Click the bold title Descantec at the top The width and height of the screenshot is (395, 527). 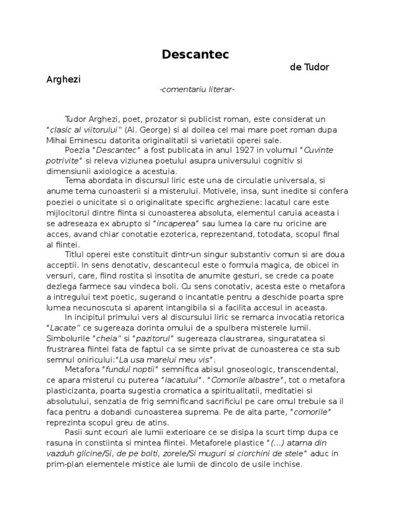[195, 54]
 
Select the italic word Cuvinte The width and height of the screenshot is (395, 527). [318, 150]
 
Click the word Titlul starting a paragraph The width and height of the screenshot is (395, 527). [76, 254]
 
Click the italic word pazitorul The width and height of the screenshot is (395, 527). [154, 338]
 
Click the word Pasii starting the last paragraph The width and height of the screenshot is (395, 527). [75, 432]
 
